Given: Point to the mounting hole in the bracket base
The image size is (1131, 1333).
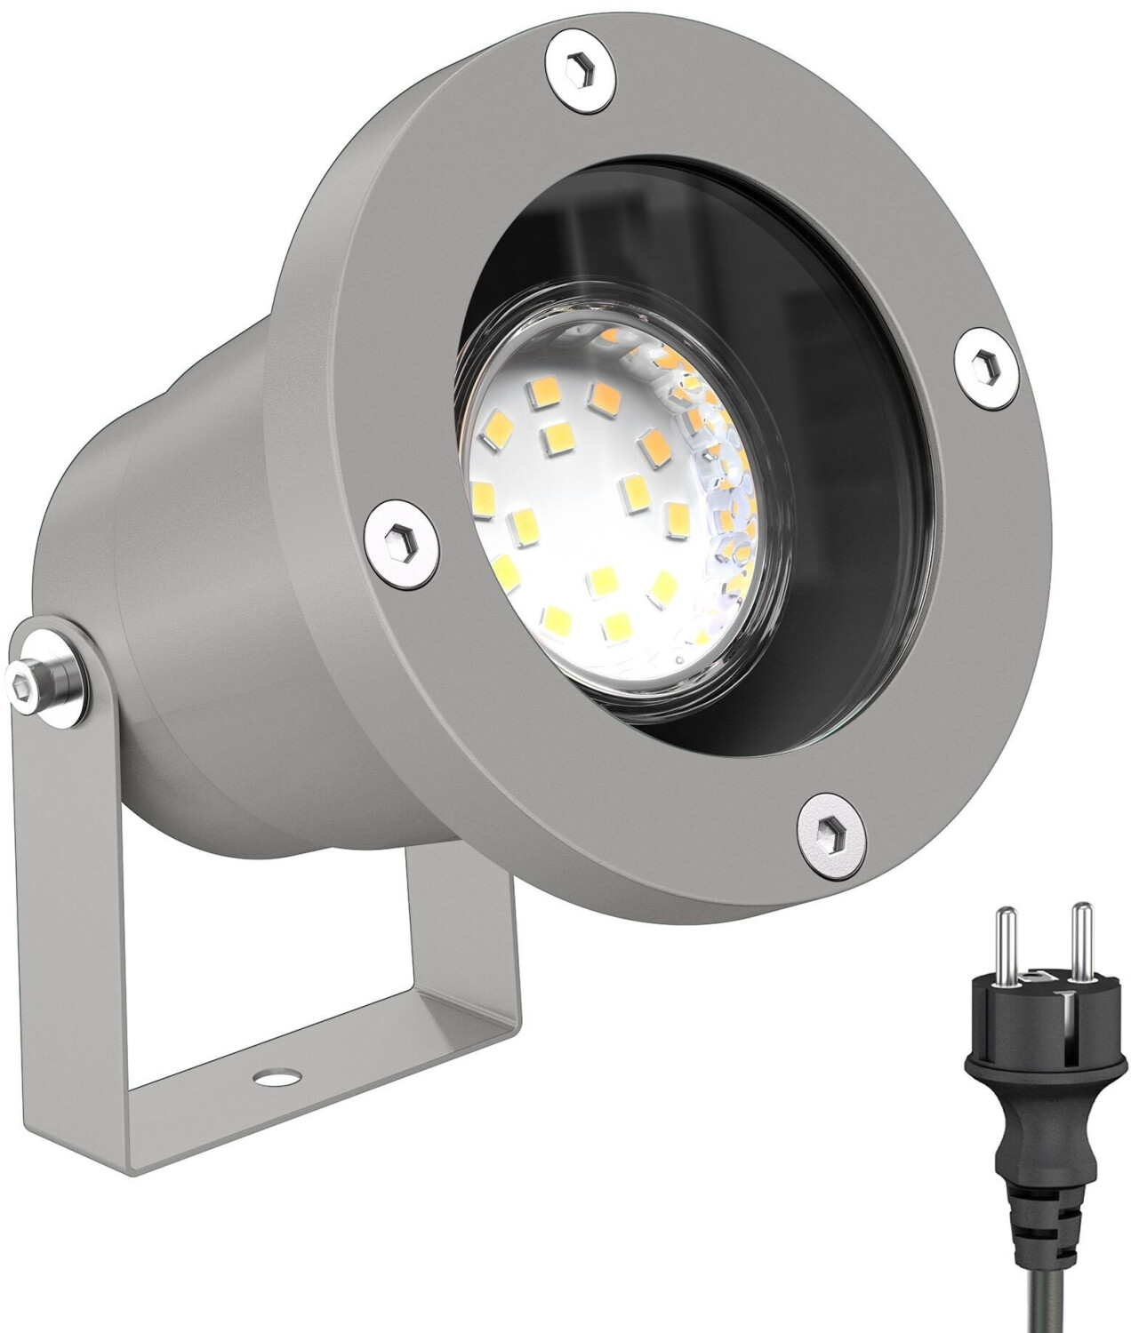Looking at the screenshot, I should (265, 1077).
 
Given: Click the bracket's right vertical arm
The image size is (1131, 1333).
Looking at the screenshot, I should (462, 915).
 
